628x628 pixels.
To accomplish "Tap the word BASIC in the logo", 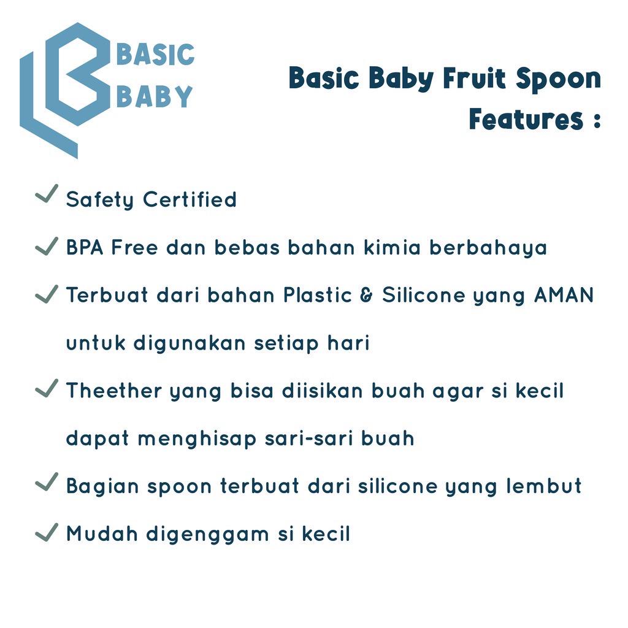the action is coord(155,55).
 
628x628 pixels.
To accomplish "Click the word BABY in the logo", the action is coord(155,96).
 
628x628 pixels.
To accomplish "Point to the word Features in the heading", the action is coord(526,119).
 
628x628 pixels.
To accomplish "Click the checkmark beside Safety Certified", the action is coord(47,194).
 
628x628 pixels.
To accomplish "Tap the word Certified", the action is coord(190,199).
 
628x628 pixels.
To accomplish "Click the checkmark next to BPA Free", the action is coord(47,247).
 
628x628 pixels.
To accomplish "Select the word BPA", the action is coord(85,247).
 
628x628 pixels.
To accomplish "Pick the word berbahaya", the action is coord(488,248).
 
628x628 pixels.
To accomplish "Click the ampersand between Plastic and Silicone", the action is coord(367,295).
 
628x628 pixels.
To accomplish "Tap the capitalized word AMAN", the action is coord(564,295).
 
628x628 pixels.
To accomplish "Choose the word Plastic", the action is coord(318,295).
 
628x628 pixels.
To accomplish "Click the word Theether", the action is coord(114,391).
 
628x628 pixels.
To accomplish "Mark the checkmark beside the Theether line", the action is coord(47,389).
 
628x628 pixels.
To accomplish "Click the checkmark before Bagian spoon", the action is coord(47,482).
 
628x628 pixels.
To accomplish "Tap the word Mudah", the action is coord(102,534).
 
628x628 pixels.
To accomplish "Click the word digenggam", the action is coord(207,535).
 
